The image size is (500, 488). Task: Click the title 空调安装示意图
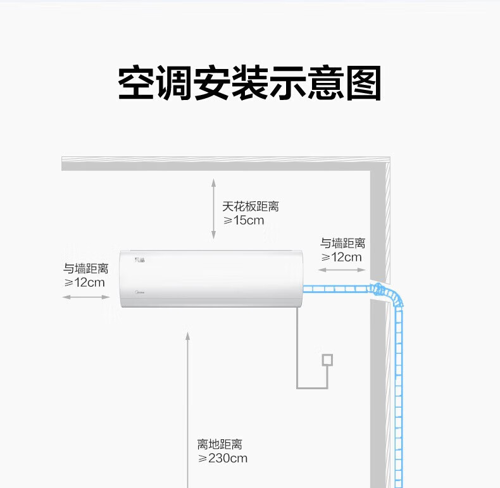click(x=249, y=83)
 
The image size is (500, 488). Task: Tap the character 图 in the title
click(x=364, y=83)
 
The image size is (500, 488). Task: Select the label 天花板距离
click(x=251, y=206)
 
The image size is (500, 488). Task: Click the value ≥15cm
click(x=244, y=220)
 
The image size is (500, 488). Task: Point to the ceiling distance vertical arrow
click(x=214, y=209)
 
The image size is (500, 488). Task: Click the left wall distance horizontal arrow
click(x=86, y=297)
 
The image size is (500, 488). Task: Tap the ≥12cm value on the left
click(x=84, y=282)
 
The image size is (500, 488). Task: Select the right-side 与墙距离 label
click(x=343, y=243)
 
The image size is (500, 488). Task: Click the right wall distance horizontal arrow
click(x=342, y=270)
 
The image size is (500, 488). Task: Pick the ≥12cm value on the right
click(x=342, y=257)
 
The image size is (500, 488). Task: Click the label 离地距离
click(x=220, y=444)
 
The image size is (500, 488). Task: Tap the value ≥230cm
click(x=223, y=458)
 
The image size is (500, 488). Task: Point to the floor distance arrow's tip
click(x=188, y=332)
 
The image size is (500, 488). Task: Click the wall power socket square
click(x=327, y=360)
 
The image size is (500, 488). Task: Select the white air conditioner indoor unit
click(x=211, y=279)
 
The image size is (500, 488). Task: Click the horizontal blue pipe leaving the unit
click(x=337, y=289)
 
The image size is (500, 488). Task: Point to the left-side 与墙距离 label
click(x=86, y=268)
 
